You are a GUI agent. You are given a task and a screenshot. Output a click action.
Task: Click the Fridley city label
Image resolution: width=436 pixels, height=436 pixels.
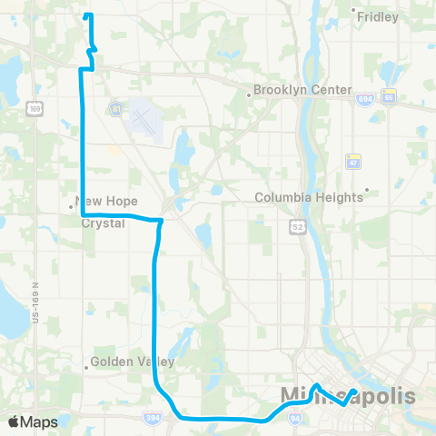click(378, 16)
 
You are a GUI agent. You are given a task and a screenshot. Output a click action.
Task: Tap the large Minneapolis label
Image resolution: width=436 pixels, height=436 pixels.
click(349, 397)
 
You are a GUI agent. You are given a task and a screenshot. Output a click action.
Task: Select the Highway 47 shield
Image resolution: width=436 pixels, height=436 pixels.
click(353, 160)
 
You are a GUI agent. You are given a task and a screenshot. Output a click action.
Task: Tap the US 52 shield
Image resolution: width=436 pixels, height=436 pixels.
click(297, 223)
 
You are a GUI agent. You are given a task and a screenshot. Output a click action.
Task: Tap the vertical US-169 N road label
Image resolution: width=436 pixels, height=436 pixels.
click(37, 301)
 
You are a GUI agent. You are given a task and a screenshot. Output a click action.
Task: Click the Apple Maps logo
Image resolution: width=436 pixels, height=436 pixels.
click(33, 421)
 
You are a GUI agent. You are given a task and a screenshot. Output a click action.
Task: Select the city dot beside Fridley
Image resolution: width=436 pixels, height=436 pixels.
click(353, 11)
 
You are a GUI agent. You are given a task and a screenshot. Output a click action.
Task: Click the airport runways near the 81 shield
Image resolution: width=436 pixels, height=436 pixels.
click(143, 118)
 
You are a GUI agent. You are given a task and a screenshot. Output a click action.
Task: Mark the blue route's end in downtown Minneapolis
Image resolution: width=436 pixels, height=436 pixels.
click(352, 391)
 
